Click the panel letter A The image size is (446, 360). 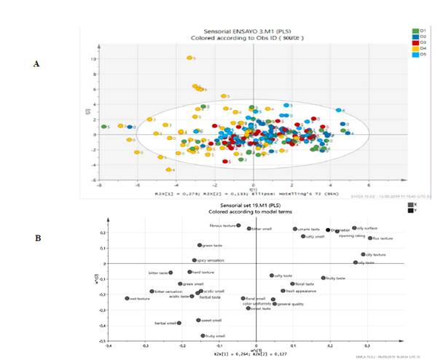click(x=36, y=65)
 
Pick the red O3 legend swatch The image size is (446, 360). click(x=413, y=43)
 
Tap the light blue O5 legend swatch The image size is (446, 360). click(x=413, y=55)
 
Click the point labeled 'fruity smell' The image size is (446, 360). click(x=203, y=336)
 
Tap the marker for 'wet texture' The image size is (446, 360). click(x=127, y=298)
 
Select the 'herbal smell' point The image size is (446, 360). click(x=179, y=322)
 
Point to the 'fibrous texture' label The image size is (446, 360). click(x=221, y=226)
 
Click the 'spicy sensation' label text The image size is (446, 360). click(x=213, y=260)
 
